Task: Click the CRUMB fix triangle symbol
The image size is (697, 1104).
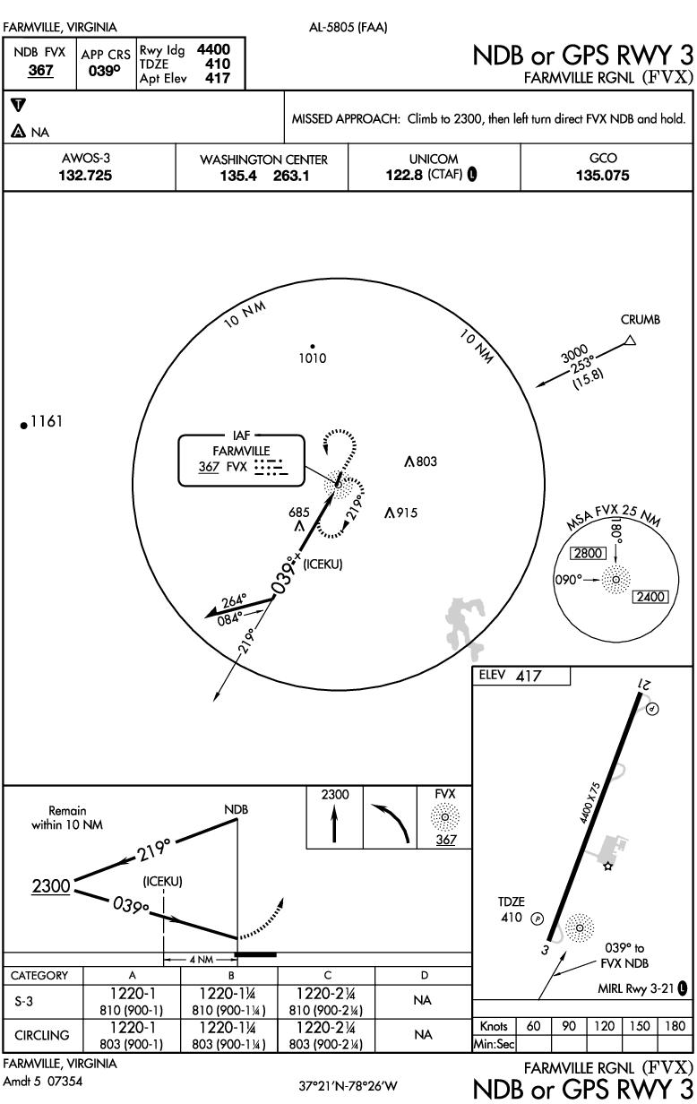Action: pos(630,341)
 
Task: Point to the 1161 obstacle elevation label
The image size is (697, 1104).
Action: pos(45,421)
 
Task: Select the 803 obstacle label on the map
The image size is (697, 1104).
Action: pos(426,461)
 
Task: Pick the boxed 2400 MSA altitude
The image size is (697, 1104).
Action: pos(649,597)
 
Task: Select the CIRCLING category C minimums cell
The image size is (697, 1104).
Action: pos(327,1034)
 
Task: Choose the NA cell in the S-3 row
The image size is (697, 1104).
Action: pos(424,998)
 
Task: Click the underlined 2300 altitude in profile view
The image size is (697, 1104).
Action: pos(50,886)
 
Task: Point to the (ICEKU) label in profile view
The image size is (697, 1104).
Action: pos(162,882)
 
